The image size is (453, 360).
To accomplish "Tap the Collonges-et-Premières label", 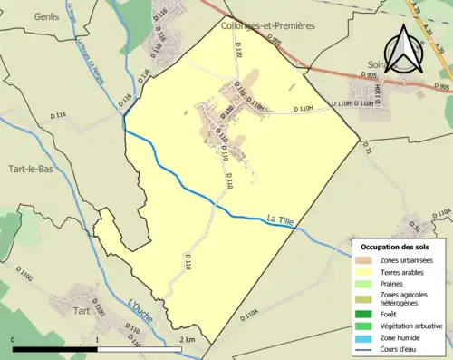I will (268, 25).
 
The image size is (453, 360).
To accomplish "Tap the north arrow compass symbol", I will (403, 50).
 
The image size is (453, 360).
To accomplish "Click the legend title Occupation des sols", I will (395, 247).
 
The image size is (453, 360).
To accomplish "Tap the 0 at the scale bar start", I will (14, 339).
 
